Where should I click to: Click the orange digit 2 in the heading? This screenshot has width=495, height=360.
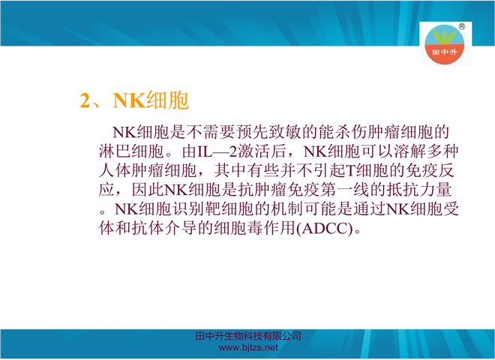click(x=85, y=100)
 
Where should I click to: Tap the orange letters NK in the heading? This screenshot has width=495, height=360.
click(x=129, y=100)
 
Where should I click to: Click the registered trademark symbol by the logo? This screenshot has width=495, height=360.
click(x=461, y=26)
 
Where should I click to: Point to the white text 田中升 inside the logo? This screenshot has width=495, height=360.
click(x=445, y=52)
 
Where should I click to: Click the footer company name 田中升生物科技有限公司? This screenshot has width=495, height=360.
click(x=248, y=336)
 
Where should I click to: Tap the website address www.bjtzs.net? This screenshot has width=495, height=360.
click(x=248, y=348)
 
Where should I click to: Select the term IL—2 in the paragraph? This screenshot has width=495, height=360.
click(x=217, y=151)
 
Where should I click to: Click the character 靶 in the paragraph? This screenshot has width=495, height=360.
click(x=213, y=208)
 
